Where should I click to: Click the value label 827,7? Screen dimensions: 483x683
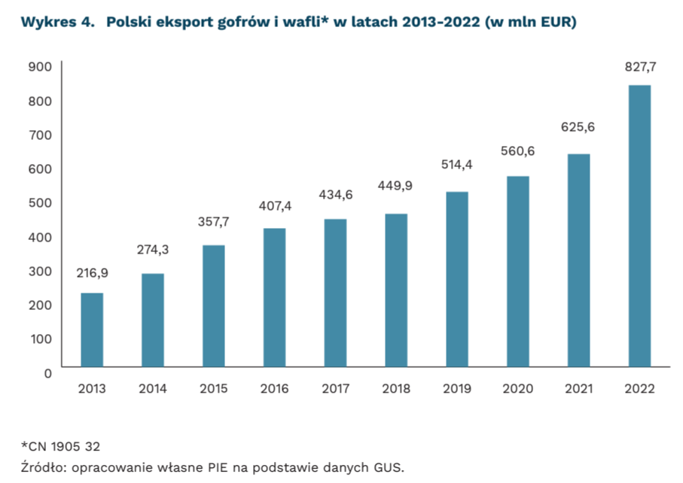[x=640, y=67]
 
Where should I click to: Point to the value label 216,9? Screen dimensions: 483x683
[x=92, y=273]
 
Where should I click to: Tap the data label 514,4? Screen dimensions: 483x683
[x=457, y=165]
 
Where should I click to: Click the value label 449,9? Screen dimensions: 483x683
[x=396, y=185]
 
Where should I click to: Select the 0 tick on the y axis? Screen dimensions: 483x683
[x=47, y=373]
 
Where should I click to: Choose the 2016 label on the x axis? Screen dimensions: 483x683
[x=274, y=389]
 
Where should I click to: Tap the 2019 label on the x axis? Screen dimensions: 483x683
[x=457, y=389]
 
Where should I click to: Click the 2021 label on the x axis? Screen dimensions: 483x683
[x=578, y=389]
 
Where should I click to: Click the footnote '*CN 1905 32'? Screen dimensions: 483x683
[x=59, y=446]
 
